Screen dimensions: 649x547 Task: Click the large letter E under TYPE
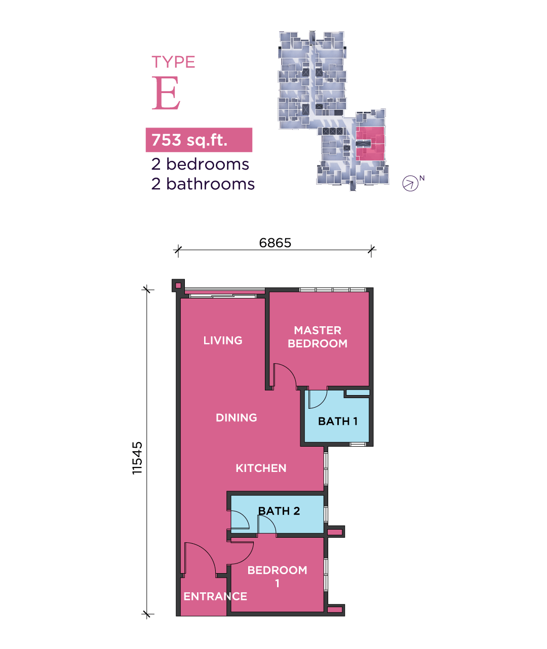[x=166, y=94]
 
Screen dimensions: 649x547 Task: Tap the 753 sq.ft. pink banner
[x=199, y=140]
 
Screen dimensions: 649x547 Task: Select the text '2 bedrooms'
[x=200, y=164]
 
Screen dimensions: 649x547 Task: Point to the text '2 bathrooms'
[x=203, y=184]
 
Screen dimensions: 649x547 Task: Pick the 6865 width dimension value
[x=275, y=243]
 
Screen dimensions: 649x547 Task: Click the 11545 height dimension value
[x=137, y=458]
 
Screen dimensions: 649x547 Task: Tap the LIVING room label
[x=223, y=340]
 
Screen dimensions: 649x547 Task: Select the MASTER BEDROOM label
[x=318, y=337]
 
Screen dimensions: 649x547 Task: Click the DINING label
[x=237, y=418]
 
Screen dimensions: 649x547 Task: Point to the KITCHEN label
[x=261, y=468]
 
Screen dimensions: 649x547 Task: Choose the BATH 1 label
[x=338, y=421]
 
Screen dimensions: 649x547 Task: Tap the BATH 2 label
[x=279, y=511]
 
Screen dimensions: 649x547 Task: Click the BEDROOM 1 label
[x=277, y=576]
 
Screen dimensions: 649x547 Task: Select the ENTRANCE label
[x=215, y=596]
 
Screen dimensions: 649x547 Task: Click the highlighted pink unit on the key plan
[x=370, y=144]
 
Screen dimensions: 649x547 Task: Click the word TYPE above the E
[x=173, y=62]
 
